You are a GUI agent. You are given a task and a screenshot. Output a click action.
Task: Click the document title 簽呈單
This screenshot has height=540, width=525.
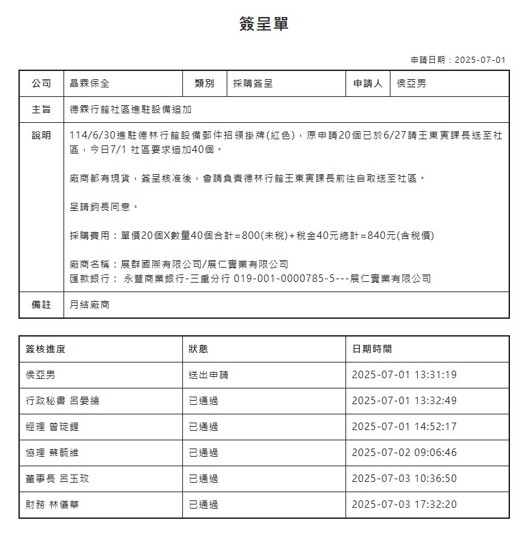[264, 24]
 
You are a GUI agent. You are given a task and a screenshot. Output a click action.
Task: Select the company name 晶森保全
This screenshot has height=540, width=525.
[89, 83]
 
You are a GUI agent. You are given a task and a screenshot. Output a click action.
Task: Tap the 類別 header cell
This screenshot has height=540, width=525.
[204, 83]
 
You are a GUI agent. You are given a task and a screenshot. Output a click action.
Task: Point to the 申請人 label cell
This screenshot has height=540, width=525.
[367, 83]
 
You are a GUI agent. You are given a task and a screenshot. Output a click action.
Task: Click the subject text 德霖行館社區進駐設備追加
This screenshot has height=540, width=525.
[130, 109]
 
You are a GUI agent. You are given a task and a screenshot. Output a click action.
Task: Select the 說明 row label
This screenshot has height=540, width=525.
[41, 135]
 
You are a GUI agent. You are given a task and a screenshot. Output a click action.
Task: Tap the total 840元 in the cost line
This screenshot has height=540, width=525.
[381, 236]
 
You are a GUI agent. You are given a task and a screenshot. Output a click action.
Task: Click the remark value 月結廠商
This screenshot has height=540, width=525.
[89, 305]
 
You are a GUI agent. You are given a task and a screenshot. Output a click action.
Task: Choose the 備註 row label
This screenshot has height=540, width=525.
[41, 305]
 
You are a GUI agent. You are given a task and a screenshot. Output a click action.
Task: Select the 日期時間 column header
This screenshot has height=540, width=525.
[371, 349]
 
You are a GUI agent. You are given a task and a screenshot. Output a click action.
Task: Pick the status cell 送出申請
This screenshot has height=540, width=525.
[208, 375]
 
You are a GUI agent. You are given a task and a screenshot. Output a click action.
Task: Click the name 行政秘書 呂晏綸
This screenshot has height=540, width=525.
[62, 401]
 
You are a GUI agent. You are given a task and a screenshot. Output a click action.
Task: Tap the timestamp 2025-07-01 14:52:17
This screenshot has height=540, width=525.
[404, 427]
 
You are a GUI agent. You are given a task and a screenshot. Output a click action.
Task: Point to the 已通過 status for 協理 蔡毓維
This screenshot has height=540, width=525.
[203, 453]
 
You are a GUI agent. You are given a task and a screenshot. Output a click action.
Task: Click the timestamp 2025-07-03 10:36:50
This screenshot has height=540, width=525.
[404, 479]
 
